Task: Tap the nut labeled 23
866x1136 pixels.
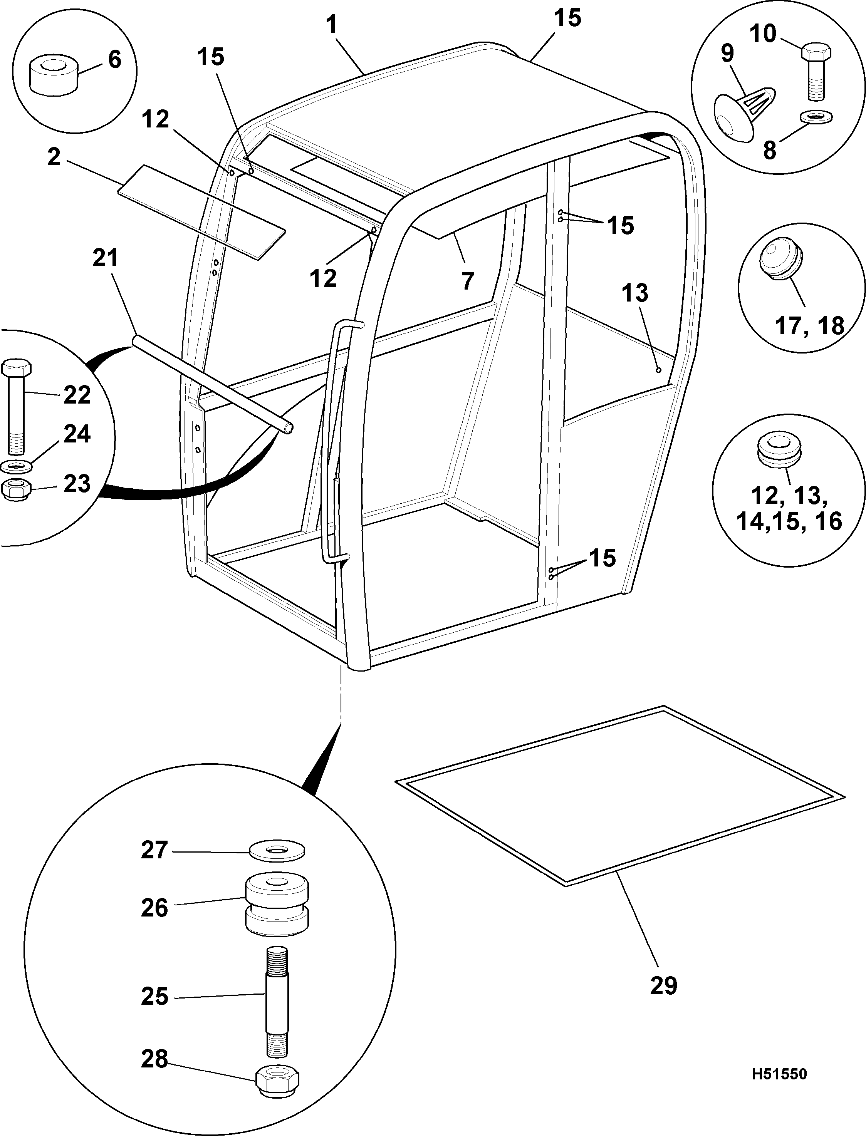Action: (x=17, y=490)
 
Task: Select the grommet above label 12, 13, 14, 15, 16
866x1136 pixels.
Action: (x=779, y=450)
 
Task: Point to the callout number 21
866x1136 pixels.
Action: (x=105, y=258)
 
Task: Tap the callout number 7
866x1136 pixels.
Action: (x=467, y=281)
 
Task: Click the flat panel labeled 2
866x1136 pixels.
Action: (x=202, y=212)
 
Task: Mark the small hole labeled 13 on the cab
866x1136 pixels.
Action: (x=658, y=369)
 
